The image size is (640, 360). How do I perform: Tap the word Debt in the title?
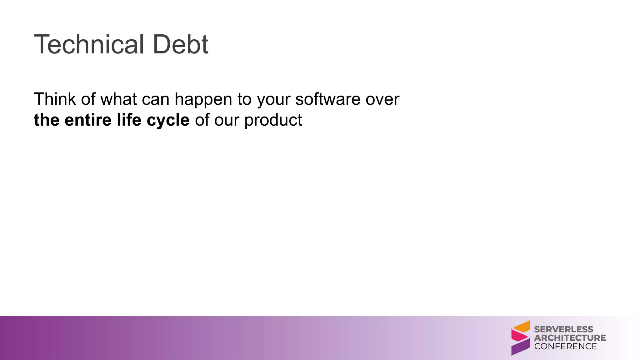click(180, 44)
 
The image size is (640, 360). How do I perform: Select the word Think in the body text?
click(55, 99)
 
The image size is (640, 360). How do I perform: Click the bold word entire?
click(88, 120)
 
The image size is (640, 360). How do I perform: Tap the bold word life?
click(129, 120)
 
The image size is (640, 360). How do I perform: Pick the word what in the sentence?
click(118, 99)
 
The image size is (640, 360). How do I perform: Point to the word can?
click(155, 100)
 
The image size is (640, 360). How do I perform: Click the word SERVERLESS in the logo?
click(563, 329)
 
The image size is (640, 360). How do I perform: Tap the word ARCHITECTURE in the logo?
click(570, 338)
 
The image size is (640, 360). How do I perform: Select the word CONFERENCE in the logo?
click(565, 346)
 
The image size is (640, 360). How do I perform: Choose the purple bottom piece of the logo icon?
click(520, 347)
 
